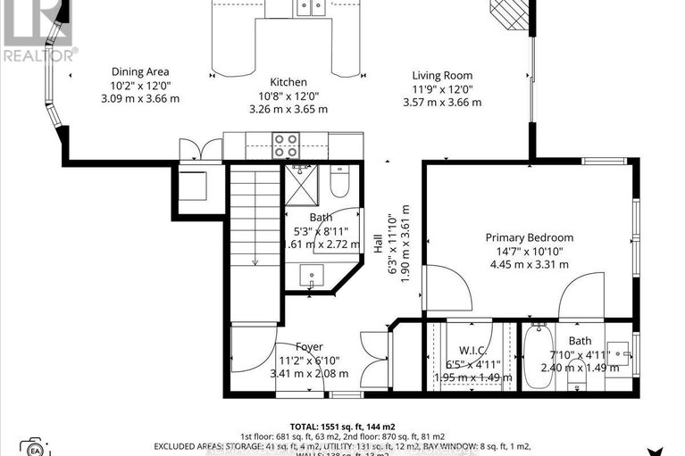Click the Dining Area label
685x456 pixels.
[140, 72]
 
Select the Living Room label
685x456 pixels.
[442, 76]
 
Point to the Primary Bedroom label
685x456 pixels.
[529, 237]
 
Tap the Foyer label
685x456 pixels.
[310, 347]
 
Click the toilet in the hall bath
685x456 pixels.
[338, 182]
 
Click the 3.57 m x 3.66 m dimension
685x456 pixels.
[442, 102]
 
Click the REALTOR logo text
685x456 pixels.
[39, 54]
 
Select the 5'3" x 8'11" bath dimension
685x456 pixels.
[321, 230]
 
